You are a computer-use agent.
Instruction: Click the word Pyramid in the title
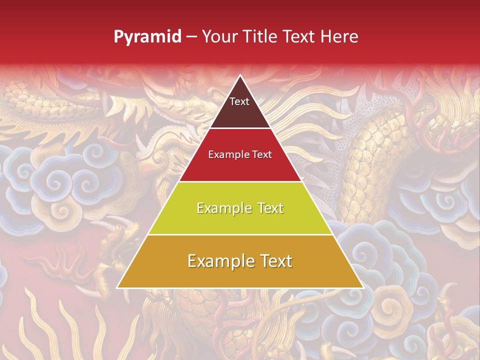point(147,37)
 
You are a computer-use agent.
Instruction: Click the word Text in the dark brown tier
point(239,101)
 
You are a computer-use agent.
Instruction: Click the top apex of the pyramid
point(240,75)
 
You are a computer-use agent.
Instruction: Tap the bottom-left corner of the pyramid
point(117,287)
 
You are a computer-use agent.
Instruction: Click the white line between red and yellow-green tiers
point(240,181)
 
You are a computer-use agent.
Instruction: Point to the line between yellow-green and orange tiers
point(240,234)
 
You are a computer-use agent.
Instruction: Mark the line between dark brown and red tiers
point(240,128)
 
